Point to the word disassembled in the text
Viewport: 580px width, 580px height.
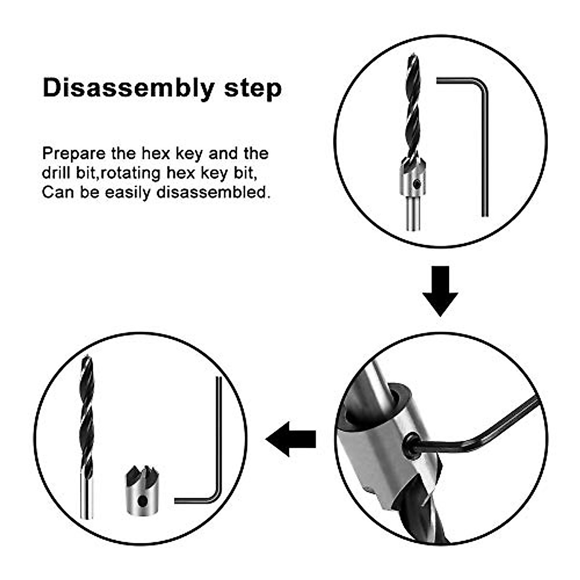click(212, 192)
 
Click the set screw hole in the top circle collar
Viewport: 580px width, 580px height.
click(416, 183)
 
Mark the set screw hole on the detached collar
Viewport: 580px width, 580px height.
click(141, 501)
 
